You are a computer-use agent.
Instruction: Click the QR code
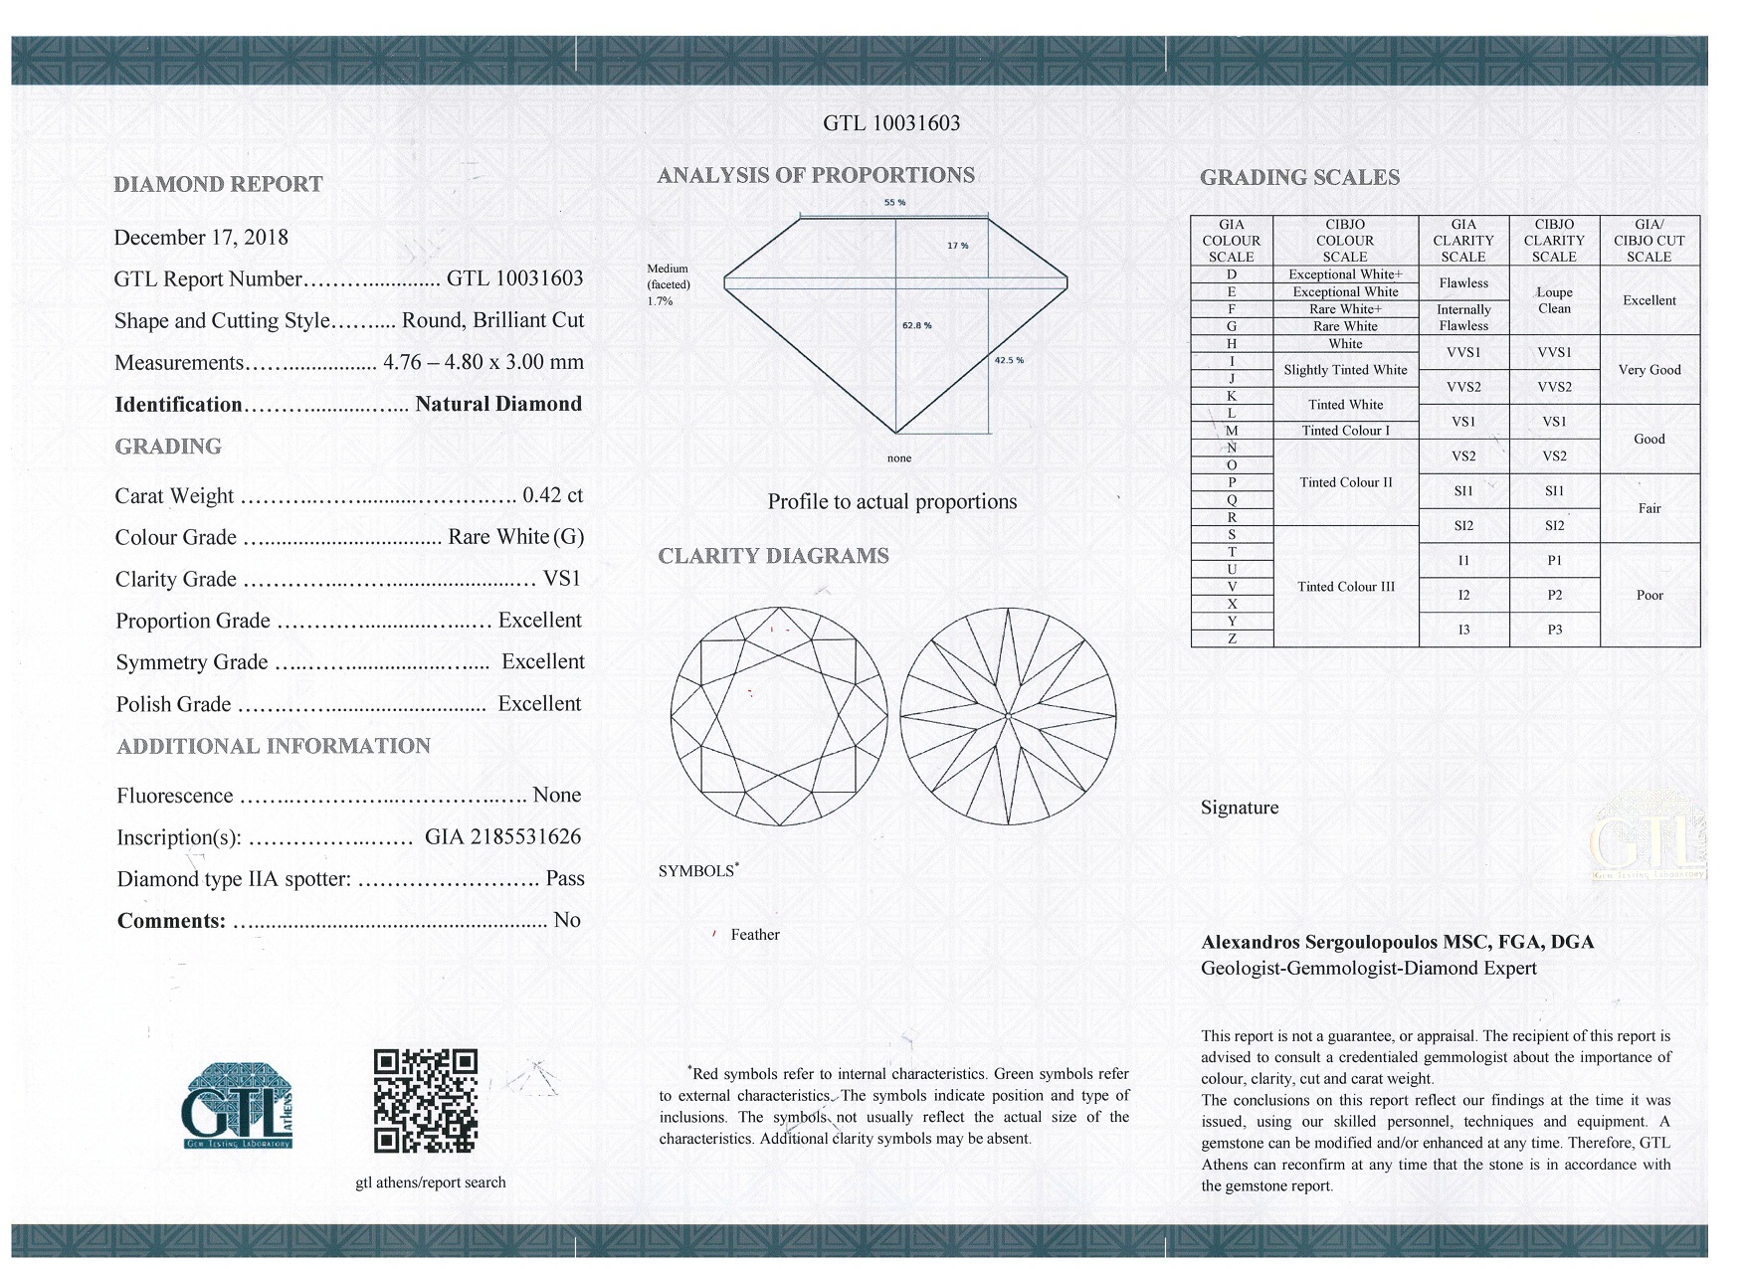426,1100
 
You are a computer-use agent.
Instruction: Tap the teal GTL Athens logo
237,1106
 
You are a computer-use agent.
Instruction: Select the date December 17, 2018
201,238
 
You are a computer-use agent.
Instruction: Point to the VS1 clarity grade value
562,579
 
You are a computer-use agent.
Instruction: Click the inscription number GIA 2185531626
502,836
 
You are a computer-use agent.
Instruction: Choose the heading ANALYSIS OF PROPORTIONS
816,176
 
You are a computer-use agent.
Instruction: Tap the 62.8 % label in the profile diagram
916,325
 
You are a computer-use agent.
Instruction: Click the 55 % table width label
894,203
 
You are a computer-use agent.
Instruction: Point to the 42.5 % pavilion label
1009,360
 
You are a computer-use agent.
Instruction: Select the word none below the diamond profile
898,458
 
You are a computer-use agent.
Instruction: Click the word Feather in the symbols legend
755,935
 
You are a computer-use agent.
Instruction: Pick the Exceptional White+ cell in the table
1345,274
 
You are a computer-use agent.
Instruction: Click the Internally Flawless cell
1463,317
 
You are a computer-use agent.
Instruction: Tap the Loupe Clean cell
1554,300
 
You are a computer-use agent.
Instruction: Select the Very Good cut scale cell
1649,370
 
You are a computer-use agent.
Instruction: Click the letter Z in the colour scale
1232,638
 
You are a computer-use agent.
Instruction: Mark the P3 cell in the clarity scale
1554,630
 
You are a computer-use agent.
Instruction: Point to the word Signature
1240,808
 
